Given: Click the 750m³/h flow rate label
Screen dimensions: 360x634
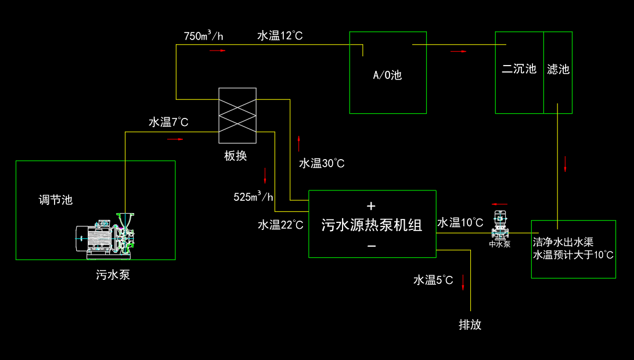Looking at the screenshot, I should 203,36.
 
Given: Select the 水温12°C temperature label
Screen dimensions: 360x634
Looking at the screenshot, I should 280,36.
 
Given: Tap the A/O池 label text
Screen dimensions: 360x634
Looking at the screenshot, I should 387,75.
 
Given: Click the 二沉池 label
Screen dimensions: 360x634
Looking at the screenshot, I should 518,69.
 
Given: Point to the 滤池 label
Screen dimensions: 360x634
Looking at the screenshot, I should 558,70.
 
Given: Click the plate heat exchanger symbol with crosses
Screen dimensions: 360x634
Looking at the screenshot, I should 237,115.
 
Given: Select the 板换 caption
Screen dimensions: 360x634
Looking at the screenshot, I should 236,156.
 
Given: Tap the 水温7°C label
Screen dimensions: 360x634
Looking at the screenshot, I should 168,123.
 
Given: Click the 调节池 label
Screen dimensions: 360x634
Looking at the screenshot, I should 56,200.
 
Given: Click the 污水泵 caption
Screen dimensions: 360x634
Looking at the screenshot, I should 113,275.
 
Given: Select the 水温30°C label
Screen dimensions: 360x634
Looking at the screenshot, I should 322,163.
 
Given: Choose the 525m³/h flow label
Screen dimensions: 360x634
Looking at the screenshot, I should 253,196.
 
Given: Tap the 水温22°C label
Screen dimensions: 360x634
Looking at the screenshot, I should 280,225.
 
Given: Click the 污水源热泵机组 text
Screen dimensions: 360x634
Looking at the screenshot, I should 372,225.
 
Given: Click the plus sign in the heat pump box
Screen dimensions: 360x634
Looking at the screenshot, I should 372,206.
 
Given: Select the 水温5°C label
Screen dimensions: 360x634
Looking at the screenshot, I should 433,280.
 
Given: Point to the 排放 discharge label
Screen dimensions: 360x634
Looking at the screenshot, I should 470,325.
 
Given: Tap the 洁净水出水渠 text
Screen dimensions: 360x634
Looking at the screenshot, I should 563,242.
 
